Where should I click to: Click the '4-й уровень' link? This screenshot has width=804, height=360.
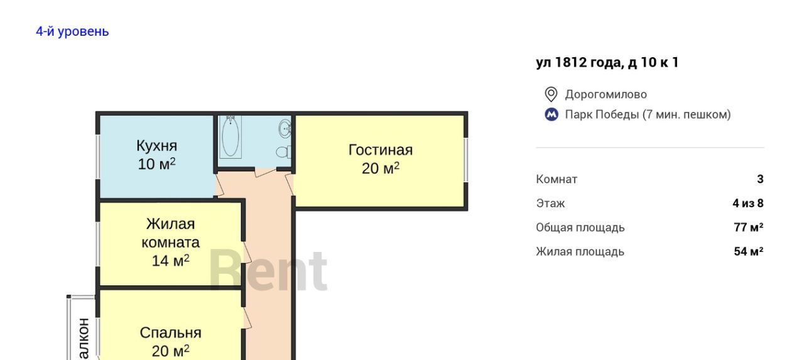coord(72,31)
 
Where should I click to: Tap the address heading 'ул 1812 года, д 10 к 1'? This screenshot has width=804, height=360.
coord(607,62)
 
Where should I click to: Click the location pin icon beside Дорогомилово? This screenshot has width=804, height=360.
coord(551,94)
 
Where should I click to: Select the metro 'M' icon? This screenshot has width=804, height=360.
coord(551,115)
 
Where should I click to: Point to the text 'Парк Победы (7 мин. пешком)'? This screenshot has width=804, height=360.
coord(648,114)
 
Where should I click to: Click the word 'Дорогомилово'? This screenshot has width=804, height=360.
coord(606,94)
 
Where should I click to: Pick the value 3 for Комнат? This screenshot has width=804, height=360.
coord(760,179)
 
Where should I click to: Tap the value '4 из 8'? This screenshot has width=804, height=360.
coord(748,204)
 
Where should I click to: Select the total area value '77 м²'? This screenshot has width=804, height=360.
coord(749,227)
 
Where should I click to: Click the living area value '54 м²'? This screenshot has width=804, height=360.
coord(749,251)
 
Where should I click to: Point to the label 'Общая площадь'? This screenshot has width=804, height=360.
coord(580,228)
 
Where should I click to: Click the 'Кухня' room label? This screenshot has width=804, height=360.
coord(157,146)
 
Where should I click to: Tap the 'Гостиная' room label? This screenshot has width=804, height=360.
coord(381,150)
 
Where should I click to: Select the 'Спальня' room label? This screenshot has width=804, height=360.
coord(170,333)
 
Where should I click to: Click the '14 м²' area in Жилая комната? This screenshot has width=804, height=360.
coord(170,261)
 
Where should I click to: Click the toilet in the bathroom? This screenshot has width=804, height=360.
coord(284,152)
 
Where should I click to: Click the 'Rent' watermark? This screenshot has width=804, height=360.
coord(268,270)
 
